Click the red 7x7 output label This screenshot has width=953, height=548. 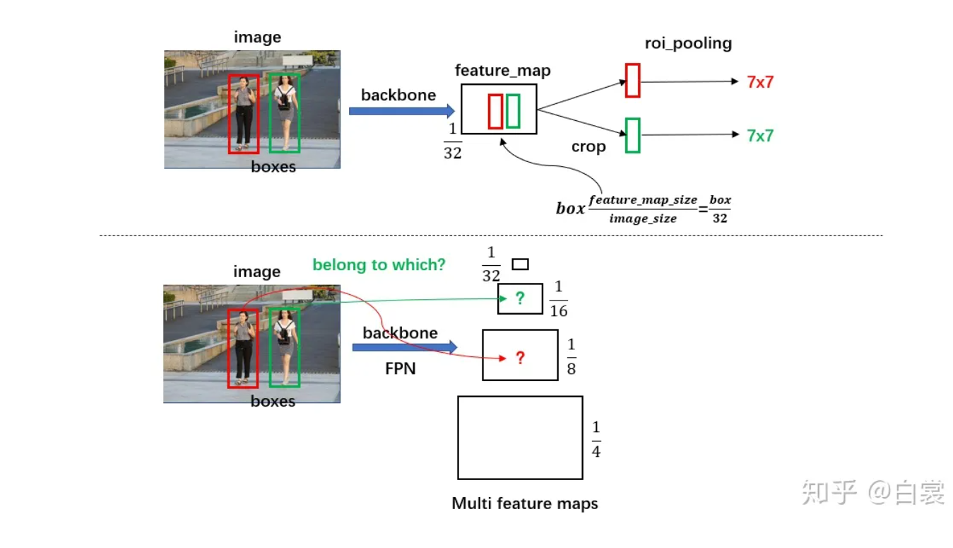(x=760, y=82)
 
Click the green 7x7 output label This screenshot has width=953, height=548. (x=760, y=136)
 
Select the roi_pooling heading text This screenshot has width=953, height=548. (x=687, y=43)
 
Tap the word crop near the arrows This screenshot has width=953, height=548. (x=588, y=146)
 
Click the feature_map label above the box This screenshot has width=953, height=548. (x=502, y=71)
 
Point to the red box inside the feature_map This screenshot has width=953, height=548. (x=495, y=111)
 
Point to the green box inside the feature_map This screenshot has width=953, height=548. (x=513, y=111)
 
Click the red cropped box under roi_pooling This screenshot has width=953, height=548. (x=632, y=80)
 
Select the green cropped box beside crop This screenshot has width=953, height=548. (x=632, y=135)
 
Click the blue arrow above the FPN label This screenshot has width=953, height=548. (x=404, y=346)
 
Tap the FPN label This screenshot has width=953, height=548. (x=400, y=368)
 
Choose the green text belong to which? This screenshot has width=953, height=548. (x=379, y=265)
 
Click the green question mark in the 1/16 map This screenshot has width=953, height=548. (x=520, y=298)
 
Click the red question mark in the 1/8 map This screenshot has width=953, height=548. (x=520, y=358)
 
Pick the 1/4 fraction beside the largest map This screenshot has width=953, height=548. (x=596, y=439)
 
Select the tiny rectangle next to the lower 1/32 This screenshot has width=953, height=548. (x=520, y=264)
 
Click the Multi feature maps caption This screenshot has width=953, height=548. (x=524, y=503)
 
